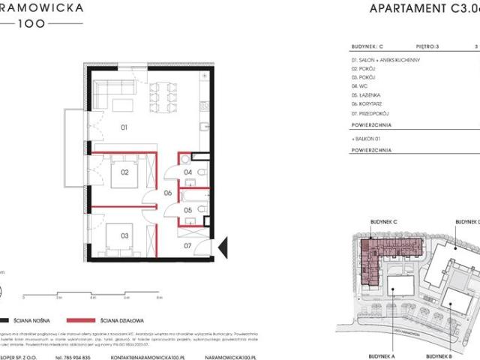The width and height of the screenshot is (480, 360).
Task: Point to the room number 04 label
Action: (x=187, y=172)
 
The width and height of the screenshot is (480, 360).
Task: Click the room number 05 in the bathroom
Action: (x=187, y=211)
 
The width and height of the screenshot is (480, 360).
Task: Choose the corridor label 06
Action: (x=169, y=193)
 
